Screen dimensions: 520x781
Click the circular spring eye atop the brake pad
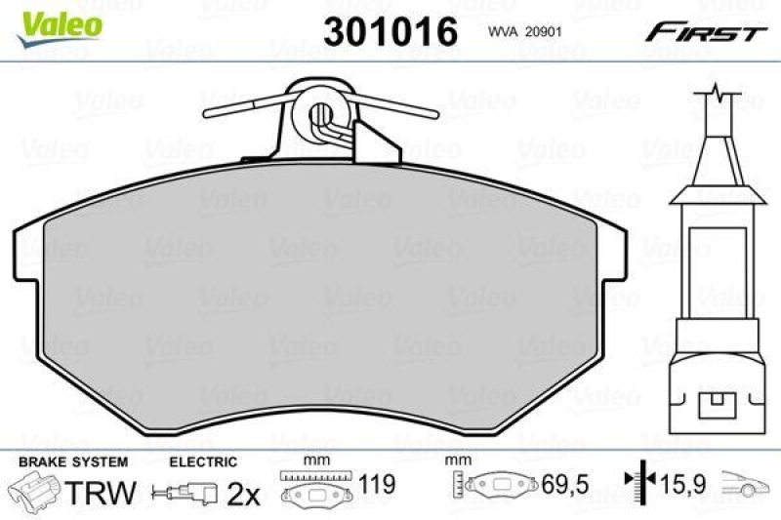tap(321, 119)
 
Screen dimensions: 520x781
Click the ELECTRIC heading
tap(203, 461)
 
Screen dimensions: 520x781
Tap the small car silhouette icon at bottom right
tap(747, 482)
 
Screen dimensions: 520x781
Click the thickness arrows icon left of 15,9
tap(637, 481)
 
